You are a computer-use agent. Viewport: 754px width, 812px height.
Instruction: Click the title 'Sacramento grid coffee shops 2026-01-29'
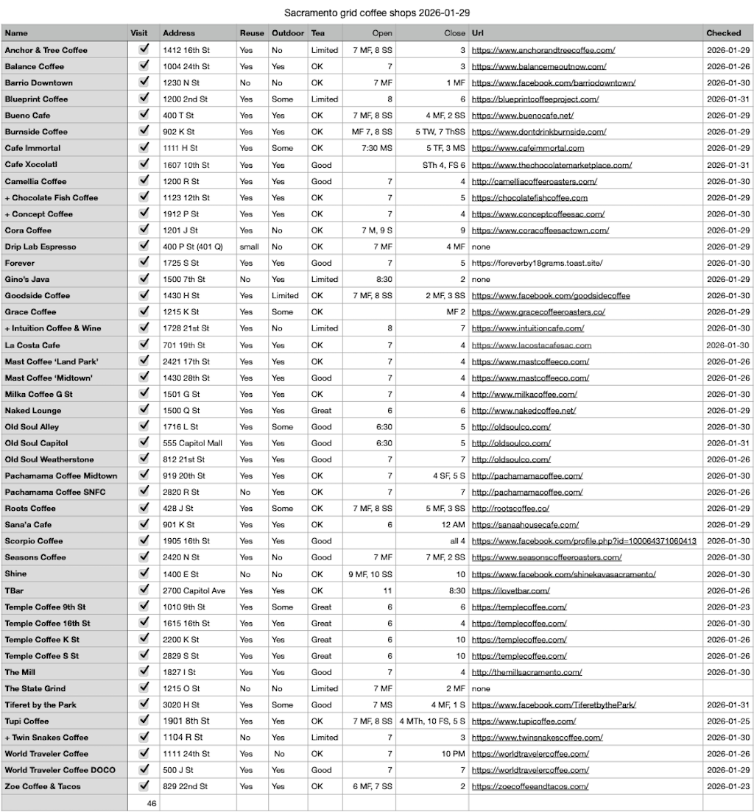click(377, 13)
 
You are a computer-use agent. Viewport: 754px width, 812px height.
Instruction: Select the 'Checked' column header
click(723, 33)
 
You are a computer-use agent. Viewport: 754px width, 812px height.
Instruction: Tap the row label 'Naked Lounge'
click(33, 411)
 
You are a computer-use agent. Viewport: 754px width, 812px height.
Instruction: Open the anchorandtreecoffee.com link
click(543, 50)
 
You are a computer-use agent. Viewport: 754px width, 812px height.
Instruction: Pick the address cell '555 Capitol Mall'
click(192, 443)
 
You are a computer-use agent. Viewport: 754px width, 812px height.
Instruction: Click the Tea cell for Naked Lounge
click(321, 411)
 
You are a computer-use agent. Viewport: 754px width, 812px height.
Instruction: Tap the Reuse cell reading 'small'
click(249, 247)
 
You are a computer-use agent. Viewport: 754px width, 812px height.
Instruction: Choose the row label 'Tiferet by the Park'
click(40, 705)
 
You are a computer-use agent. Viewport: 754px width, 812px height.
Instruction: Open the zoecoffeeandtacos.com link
click(529, 786)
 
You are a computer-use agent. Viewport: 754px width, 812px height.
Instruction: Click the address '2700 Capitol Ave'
click(194, 590)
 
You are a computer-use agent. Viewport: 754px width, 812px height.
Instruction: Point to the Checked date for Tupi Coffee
click(728, 721)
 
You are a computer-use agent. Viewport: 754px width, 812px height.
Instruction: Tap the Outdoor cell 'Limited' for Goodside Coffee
click(285, 296)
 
